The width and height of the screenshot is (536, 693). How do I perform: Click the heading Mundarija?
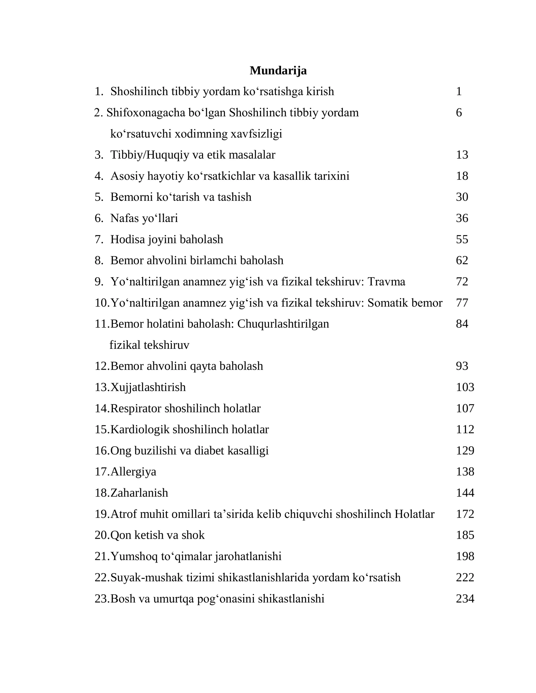[x=278, y=71]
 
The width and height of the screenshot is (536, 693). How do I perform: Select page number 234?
[x=465, y=599]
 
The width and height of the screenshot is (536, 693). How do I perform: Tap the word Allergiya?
[x=133, y=472]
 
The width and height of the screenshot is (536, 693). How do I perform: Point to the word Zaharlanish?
[x=139, y=493]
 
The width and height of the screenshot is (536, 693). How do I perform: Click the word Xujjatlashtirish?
[x=148, y=387]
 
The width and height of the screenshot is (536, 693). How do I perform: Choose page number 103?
[x=465, y=387]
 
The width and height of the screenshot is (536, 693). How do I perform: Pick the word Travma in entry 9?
[x=386, y=282]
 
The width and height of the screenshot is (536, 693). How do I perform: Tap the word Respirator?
[x=136, y=408]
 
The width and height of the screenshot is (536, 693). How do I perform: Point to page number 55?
[x=462, y=240]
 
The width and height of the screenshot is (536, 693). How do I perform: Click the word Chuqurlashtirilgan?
[x=283, y=324]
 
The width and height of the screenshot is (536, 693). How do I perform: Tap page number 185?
[x=465, y=535]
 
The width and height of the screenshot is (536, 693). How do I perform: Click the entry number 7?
[x=99, y=240]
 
